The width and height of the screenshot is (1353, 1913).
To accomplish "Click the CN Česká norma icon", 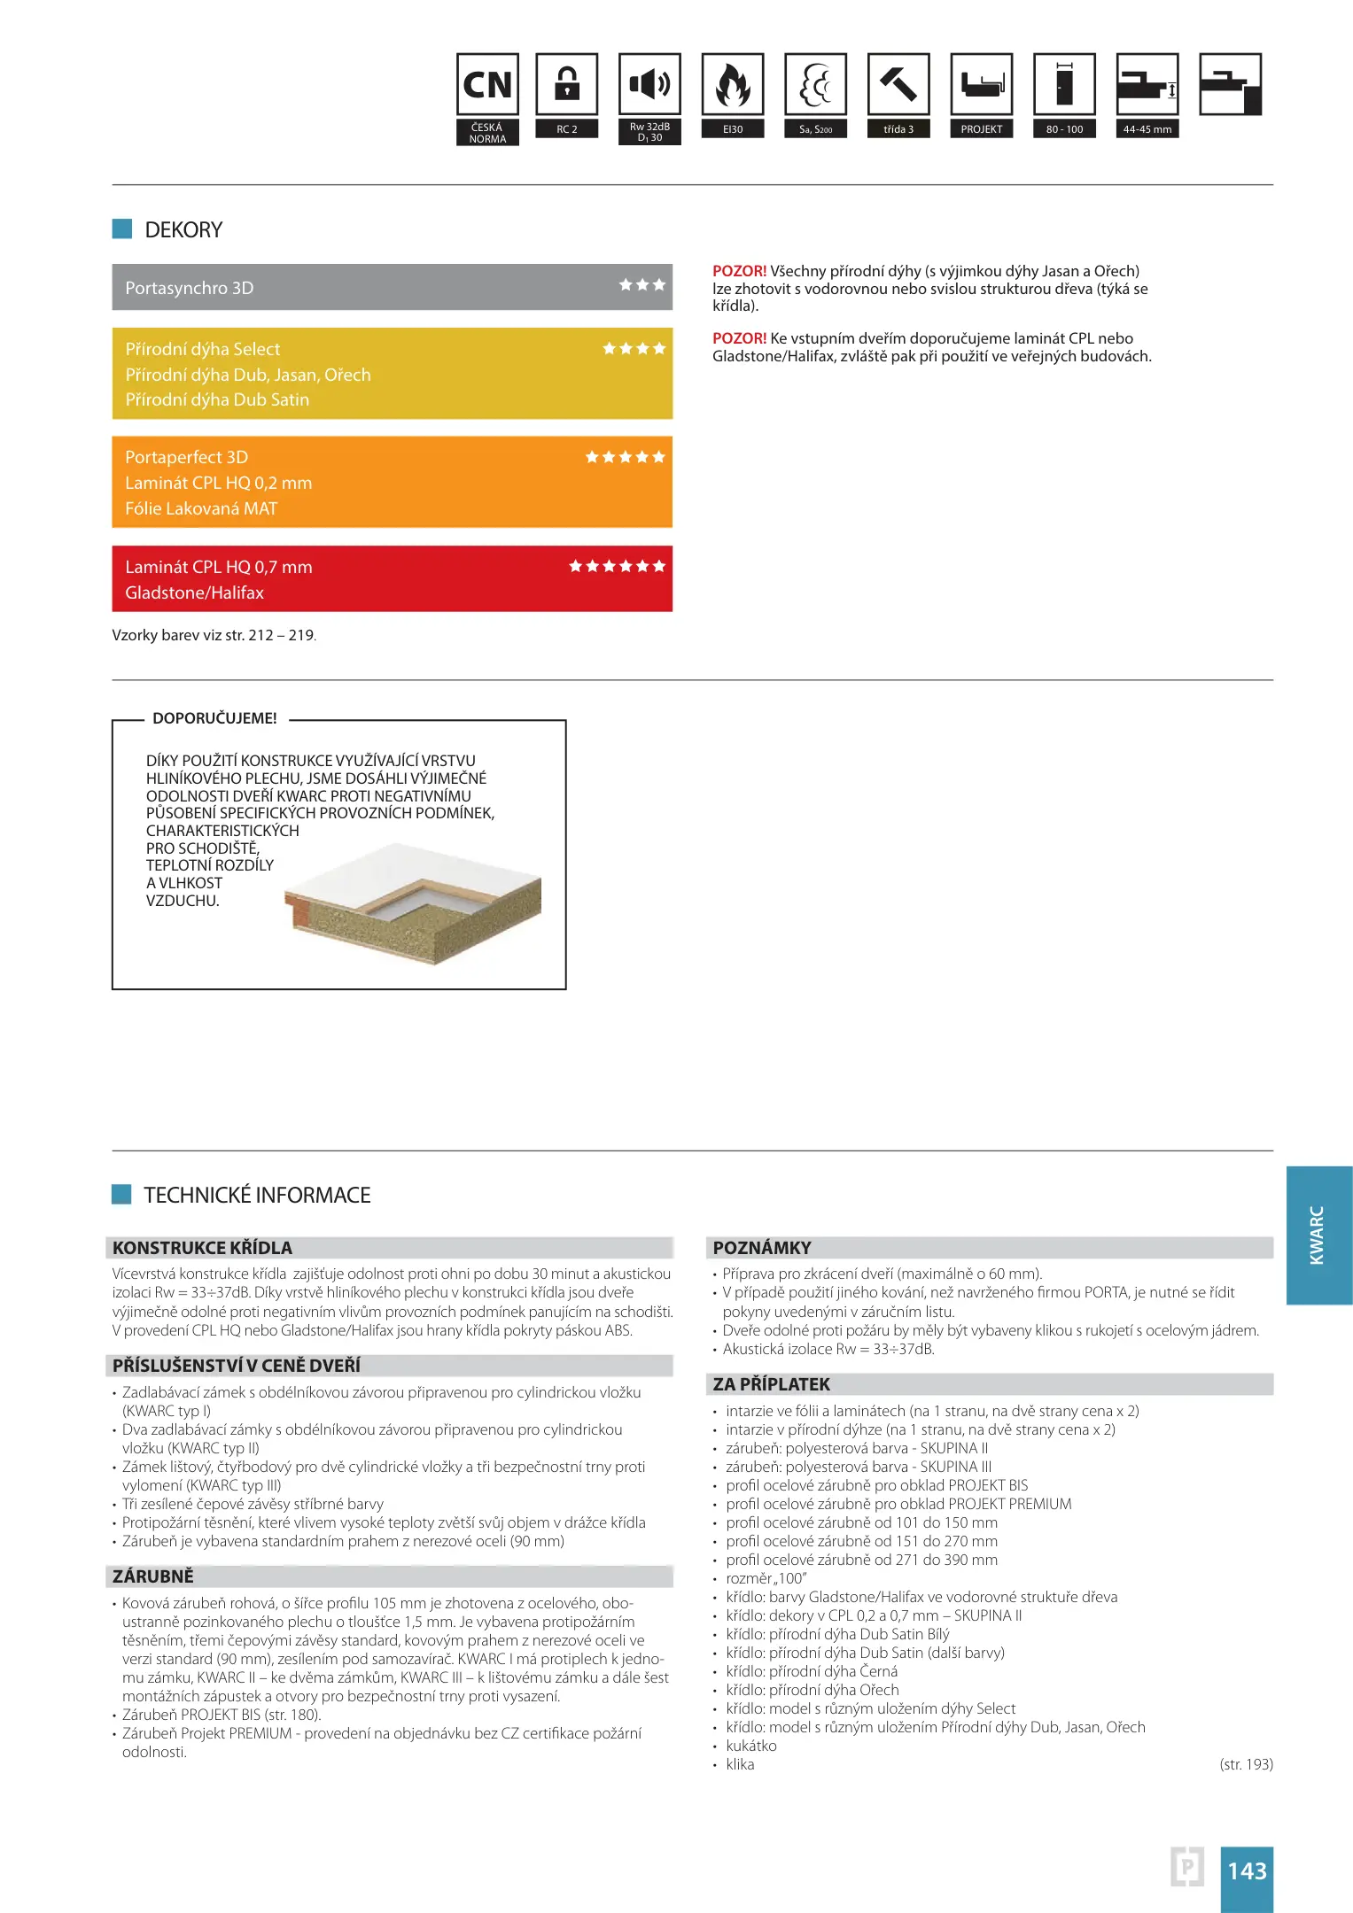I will tap(487, 85).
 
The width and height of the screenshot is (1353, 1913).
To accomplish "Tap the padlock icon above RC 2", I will tap(567, 85).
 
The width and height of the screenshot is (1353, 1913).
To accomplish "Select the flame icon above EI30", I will tap(733, 85).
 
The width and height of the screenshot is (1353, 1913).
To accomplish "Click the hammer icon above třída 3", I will tap(898, 85).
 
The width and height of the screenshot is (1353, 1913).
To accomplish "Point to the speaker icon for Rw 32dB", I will tap(649, 85).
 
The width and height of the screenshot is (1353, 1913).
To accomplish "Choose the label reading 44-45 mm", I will tap(1147, 129).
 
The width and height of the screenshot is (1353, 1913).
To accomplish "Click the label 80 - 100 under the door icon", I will tap(1064, 129).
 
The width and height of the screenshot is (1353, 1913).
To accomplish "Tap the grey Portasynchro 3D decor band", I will tap(392, 287).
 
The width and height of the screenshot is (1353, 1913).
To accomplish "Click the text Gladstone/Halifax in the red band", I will tap(194, 592).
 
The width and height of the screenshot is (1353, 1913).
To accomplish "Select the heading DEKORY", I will tap(183, 230).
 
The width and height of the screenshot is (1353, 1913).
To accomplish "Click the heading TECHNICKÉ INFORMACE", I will tap(257, 1196).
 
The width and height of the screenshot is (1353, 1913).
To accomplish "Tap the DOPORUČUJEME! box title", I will tap(214, 718).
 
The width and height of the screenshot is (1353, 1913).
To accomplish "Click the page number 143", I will tap(1247, 1870).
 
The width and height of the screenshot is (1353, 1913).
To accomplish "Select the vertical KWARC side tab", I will tap(1318, 1235).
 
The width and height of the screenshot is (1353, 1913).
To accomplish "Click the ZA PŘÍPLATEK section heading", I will tap(772, 1384).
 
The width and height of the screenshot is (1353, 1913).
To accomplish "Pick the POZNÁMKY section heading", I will tap(762, 1248).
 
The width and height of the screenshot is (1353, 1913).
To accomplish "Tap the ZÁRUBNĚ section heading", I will tap(153, 1576).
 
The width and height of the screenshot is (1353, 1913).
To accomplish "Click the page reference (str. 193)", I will tap(1246, 1764).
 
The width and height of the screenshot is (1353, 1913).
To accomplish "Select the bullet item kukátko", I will tap(751, 1746).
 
